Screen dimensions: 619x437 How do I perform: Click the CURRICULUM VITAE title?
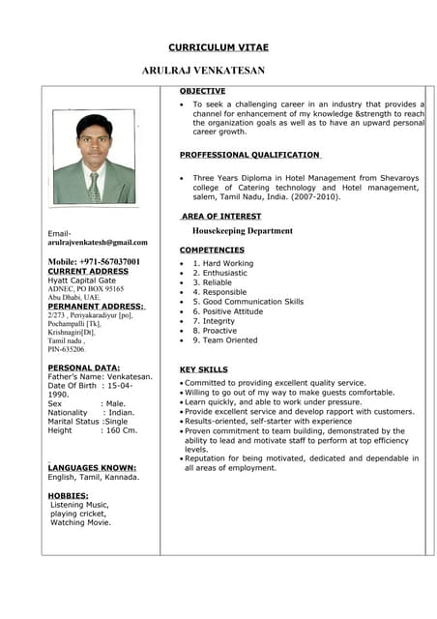coord(218,46)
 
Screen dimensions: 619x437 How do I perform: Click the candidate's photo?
coord(94,157)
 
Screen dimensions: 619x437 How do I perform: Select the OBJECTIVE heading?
coord(203,90)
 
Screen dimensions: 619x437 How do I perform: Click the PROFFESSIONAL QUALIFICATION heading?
coord(249,155)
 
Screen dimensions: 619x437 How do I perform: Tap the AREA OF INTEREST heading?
coord(221,215)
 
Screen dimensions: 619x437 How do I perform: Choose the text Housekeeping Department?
coord(242,231)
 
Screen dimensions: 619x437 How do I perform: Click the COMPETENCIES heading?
coord(212,250)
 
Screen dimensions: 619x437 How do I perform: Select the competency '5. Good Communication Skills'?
coord(248,302)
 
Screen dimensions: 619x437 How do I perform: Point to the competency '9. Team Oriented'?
coord(225,340)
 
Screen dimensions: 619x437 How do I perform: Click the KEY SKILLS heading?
coord(204,369)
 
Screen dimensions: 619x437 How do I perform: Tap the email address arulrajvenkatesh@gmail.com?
coord(98,242)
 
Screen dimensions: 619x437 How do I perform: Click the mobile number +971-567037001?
coord(94,261)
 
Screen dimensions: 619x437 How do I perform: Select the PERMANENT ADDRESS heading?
coord(96,306)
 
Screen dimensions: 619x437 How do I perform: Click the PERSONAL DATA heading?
coord(84,368)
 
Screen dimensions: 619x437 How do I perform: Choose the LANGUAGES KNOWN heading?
coord(92,467)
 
